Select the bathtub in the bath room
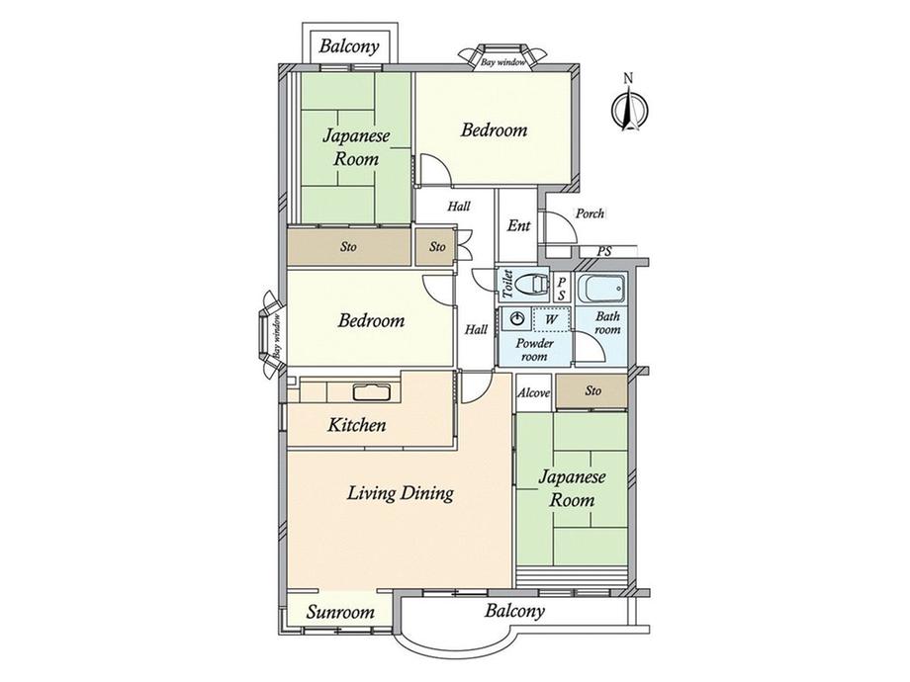pyautogui.click(x=603, y=289)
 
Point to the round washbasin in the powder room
pyautogui.click(x=517, y=318)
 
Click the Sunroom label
pyautogui.click(x=340, y=613)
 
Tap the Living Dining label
pyautogui.click(x=401, y=493)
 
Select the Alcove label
pyautogui.click(x=533, y=392)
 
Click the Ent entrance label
pyautogui.click(x=519, y=225)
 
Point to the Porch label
pyautogui.click(x=590, y=213)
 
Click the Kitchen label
pyautogui.click(x=356, y=425)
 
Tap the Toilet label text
pyautogui.click(x=506, y=285)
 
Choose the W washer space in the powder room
pyautogui.click(x=551, y=319)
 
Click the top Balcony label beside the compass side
pyautogui.click(x=349, y=45)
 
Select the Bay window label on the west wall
pyautogui.click(x=277, y=335)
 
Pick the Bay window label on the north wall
pyautogui.click(x=503, y=62)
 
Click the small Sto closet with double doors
pyautogui.click(x=437, y=247)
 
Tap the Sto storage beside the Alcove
pyautogui.click(x=591, y=390)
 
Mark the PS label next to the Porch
pyautogui.click(x=604, y=252)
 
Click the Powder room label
pyautogui.click(x=534, y=350)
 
